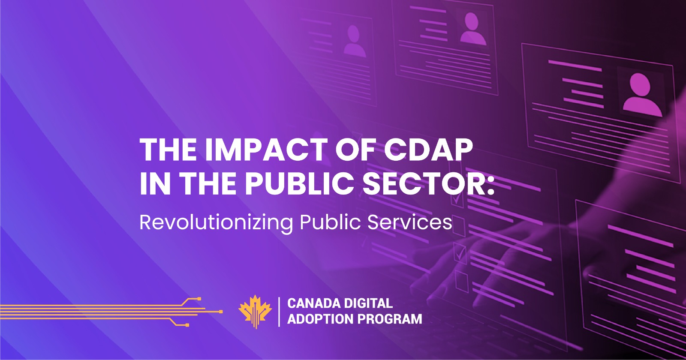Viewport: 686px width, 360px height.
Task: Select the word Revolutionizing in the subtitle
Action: click(x=216, y=222)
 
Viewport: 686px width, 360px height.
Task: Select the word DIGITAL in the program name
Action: click(x=370, y=303)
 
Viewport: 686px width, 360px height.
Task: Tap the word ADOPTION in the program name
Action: click(x=320, y=319)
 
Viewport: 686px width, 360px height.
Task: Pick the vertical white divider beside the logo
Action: click(x=279, y=312)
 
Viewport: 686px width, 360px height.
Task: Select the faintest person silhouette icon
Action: click(x=354, y=41)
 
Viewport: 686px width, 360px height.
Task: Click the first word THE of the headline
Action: click(x=168, y=150)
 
